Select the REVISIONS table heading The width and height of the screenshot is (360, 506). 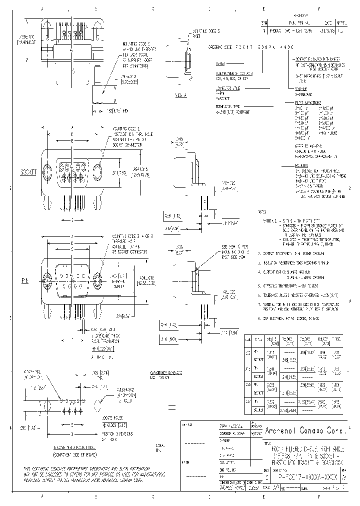[x=300, y=15]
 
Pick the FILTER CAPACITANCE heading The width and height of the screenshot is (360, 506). [x=306, y=102]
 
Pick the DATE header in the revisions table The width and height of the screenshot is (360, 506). [x=327, y=23]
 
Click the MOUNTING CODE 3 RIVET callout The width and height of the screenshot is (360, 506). [x=198, y=33]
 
